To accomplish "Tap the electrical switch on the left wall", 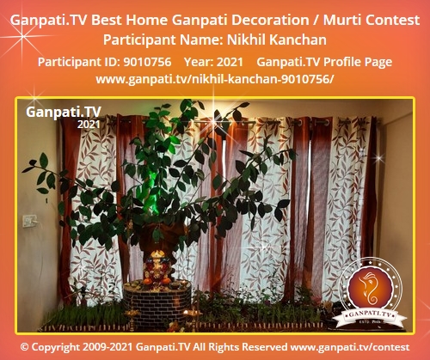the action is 30,221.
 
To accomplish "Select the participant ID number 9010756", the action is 147,62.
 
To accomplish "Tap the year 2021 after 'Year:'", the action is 230,62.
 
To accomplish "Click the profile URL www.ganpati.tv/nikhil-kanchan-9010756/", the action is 215,79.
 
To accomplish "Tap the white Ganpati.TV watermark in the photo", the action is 64,112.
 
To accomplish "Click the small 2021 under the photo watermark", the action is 89,125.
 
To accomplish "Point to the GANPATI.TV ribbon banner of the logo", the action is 370,315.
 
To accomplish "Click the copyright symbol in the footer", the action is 25,347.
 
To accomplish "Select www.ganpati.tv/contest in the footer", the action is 350,347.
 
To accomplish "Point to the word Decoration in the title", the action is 270,20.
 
